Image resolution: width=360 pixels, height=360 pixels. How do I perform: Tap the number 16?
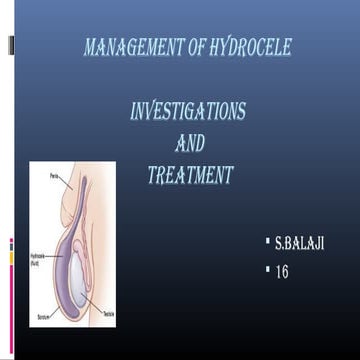tap(282, 271)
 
